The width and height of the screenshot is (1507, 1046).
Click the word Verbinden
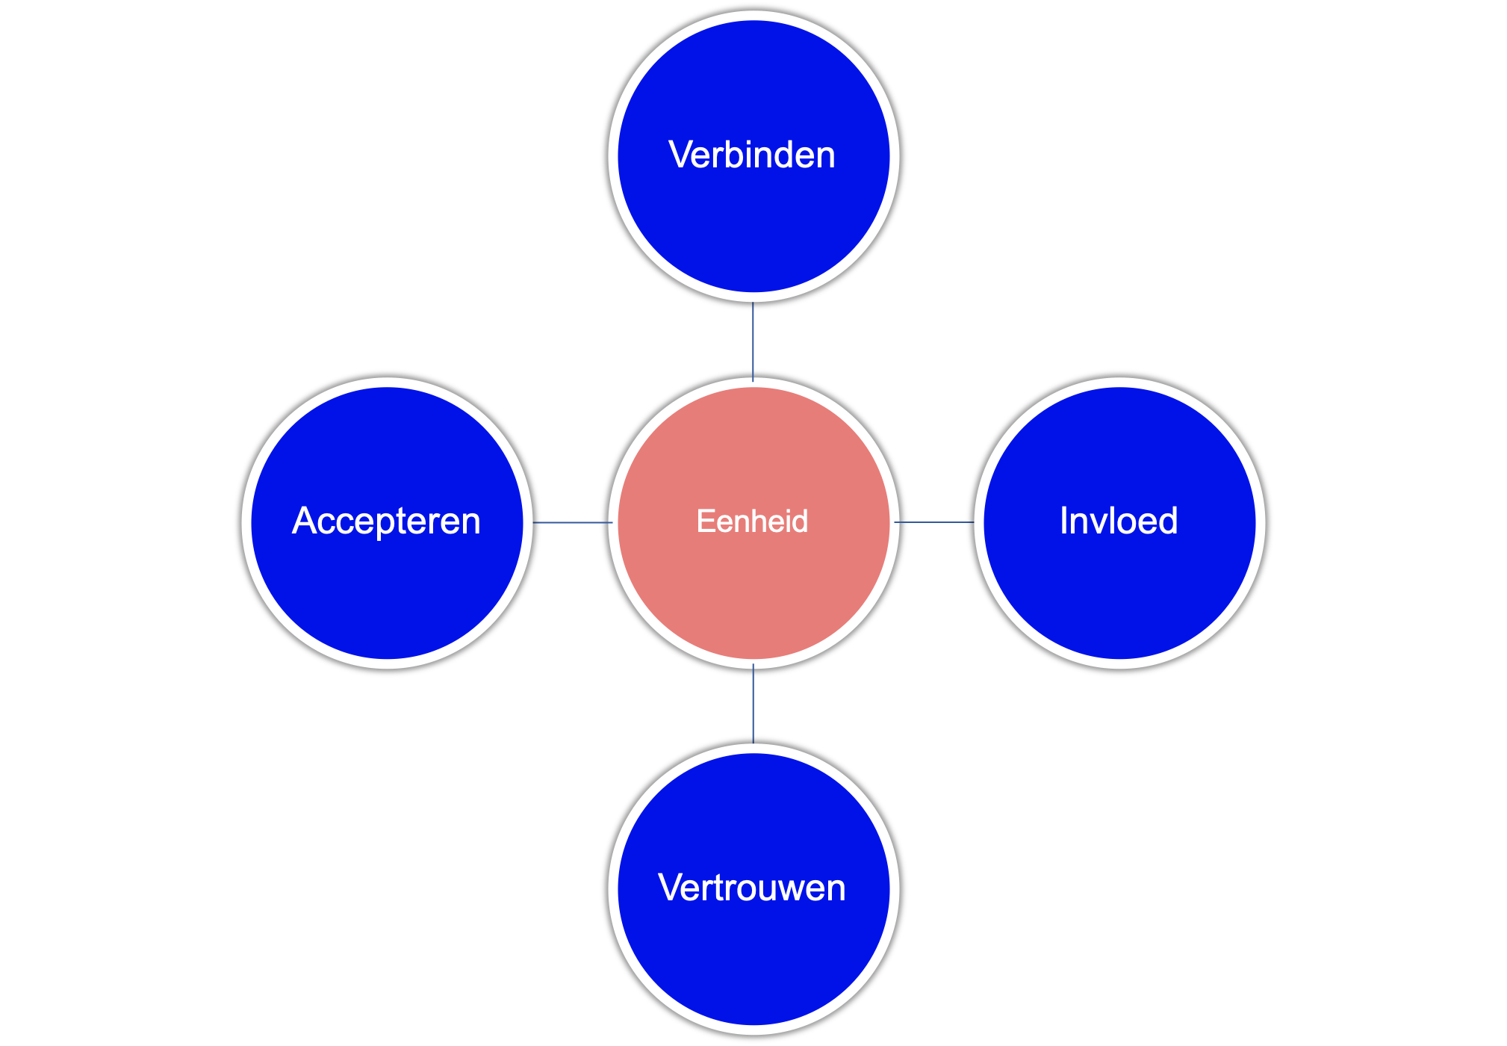pyautogui.click(x=752, y=155)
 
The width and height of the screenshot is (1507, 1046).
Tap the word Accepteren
pyautogui.click(x=386, y=522)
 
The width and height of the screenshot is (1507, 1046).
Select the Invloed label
pyautogui.click(x=1119, y=522)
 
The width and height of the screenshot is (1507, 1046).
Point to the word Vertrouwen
pyautogui.click(x=752, y=888)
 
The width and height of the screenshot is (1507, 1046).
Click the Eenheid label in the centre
pyautogui.click(x=752, y=522)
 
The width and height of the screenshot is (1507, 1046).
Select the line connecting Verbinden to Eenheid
pyautogui.click(x=753, y=341)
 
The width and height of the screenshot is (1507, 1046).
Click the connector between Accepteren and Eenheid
pyautogui.click(x=572, y=522)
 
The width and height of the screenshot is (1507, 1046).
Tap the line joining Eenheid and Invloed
pyautogui.click(x=934, y=522)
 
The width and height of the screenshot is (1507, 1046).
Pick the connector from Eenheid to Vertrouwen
pyautogui.click(x=753, y=704)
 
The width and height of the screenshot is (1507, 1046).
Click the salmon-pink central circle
pyautogui.click(x=753, y=590)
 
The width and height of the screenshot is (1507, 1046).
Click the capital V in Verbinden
pyautogui.click(x=680, y=155)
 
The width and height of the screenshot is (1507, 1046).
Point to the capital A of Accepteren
pyautogui.click(x=303, y=522)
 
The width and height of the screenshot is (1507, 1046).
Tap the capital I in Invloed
pyautogui.click(x=1064, y=522)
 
